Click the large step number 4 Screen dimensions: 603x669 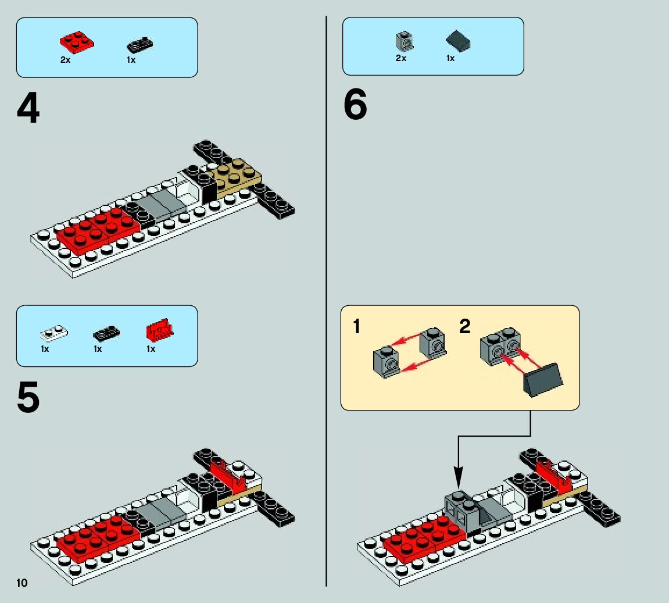(x=28, y=109)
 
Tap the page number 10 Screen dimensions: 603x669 (x=22, y=583)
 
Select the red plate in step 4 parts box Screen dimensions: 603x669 (x=76, y=42)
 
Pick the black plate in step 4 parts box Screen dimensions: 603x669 (x=139, y=45)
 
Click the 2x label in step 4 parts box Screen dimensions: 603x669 (x=65, y=60)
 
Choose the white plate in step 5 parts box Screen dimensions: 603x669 (x=53, y=333)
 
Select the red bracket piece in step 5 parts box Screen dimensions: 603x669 (x=159, y=331)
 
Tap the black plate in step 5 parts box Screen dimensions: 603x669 (x=106, y=333)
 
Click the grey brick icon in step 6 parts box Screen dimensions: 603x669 (x=404, y=41)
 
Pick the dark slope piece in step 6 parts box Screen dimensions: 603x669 (x=457, y=41)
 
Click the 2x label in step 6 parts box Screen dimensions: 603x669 (x=400, y=58)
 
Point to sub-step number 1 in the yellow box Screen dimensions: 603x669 (x=357, y=327)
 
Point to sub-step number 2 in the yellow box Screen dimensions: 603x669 (x=464, y=327)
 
